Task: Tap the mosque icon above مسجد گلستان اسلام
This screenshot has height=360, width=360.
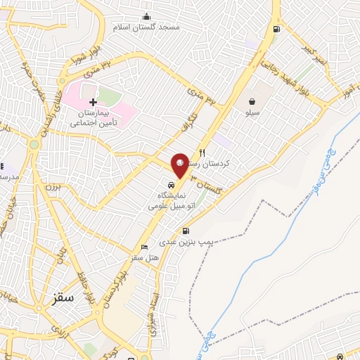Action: [x=146, y=17]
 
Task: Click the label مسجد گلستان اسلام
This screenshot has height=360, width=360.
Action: [x=146, y=27]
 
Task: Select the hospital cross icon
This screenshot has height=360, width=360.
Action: [x=93, y=103]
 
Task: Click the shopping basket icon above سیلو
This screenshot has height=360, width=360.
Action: [x=252, y=101]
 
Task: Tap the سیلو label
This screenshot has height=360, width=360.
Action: [x=252, y=112]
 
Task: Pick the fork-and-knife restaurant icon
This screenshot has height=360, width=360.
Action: [x=202, y=152]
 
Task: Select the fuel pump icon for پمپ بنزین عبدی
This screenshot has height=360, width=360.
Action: [x=185, y=231]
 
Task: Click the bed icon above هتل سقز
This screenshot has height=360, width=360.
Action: [x=144, y=247]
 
